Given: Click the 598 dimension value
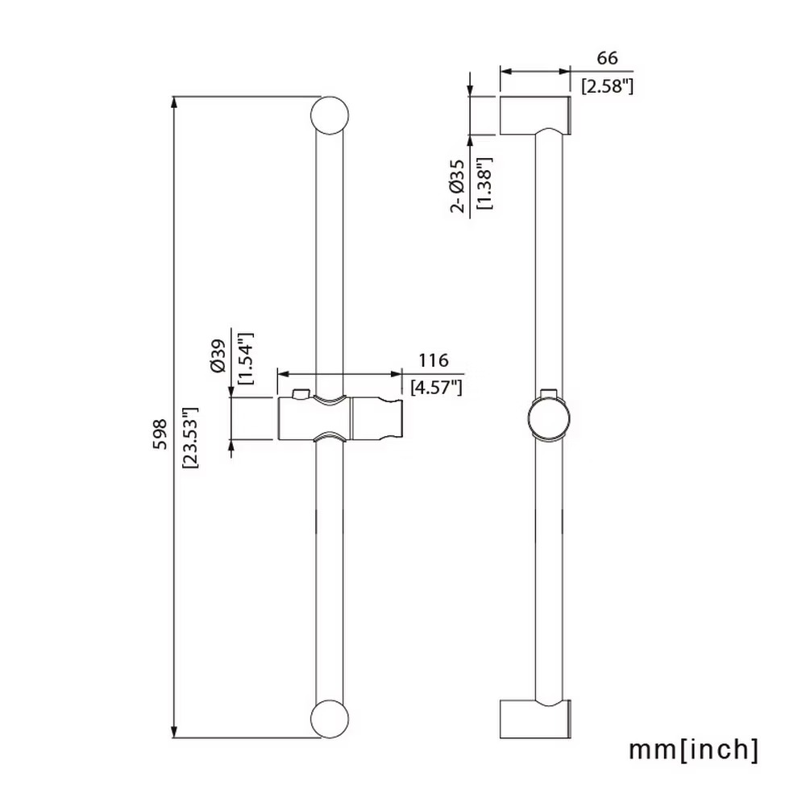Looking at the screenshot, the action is pos(160,434).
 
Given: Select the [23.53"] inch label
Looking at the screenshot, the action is pos(191,438).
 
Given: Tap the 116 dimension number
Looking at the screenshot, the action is pos(433,360).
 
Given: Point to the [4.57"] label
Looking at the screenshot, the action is pos(436,387).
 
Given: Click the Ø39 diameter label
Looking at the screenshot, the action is pos(218,355).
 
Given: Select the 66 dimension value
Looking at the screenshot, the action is pos(607,58).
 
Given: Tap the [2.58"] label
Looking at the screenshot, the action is pos(607,86).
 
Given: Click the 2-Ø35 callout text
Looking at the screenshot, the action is pos(457,185).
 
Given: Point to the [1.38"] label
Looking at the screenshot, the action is pos(484,183).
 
